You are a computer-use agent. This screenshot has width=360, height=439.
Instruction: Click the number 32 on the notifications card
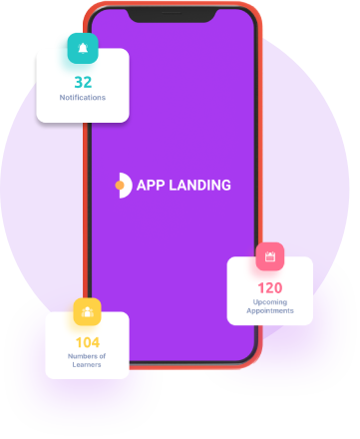[83, 83]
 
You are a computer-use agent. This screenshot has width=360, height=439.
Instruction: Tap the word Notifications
[83, 98]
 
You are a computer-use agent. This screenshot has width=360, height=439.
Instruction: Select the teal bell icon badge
[83, 48]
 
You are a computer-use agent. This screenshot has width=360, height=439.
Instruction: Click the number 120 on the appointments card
[270, 288]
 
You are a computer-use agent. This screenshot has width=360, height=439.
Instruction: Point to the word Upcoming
[270, 302]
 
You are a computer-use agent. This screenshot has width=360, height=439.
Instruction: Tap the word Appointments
[270, 310]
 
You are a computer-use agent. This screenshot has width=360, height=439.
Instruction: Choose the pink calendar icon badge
[270, 256]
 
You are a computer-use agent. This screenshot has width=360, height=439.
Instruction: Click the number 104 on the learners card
[88, 342]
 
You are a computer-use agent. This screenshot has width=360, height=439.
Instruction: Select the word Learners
[87, 364]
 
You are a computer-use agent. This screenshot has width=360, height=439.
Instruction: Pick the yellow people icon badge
[87, 311]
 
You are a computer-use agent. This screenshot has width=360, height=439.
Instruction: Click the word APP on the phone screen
[151, 186]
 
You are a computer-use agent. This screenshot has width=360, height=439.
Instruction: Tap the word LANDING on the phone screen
[199, 186]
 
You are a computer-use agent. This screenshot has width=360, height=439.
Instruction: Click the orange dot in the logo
[120, 186]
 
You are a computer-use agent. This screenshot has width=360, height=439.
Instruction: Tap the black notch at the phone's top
[172, 15]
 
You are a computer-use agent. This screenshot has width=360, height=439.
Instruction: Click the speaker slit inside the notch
[172, 13]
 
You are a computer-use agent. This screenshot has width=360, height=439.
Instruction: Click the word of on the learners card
[103, 356]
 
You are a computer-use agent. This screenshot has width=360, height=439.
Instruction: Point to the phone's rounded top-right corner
[252, 13]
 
